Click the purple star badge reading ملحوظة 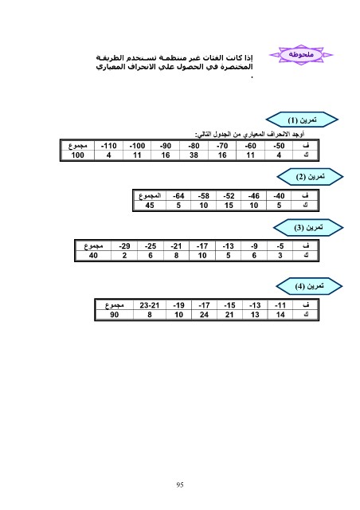pos(301,55)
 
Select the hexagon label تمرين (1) pos(302,120)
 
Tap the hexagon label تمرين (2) pos(310,177)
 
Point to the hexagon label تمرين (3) pos(308,227)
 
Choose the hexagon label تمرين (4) pos(309,286)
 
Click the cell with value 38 pos(194,155)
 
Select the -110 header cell pos(108,146)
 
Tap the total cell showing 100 pos(78,155)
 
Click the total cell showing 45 pos(150,206)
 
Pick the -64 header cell pos(178,196)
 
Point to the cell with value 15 pos(229,206)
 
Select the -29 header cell pos(124,246)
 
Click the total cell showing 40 pos(93,255)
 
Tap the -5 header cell pos(280,246)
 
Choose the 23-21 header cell pos(150,305)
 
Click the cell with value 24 pos(204,315)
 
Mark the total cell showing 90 pos(115,315)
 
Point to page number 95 pos(180,484)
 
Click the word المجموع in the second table pos(150,196)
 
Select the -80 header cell pos(194,146)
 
